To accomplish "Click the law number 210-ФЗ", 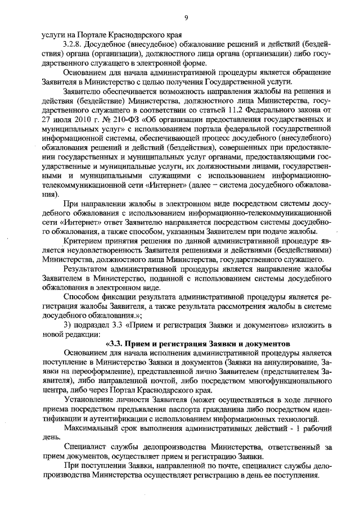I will point(123,120).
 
